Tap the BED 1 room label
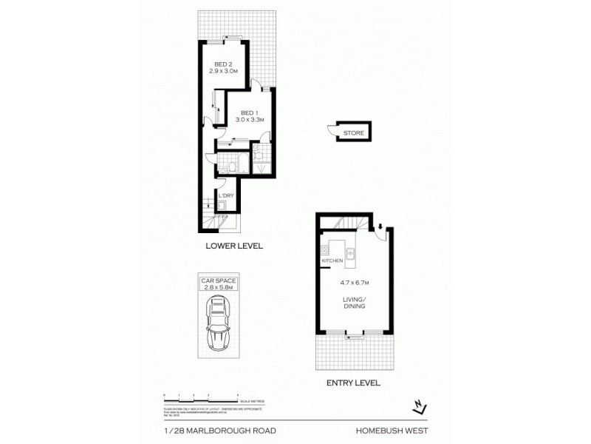245,112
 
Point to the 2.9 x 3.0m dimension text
222,71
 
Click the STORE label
352,132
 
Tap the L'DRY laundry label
225,195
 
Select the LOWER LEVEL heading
235,246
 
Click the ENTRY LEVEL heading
353,383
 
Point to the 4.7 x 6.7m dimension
353,283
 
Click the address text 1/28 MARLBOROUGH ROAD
203,427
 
